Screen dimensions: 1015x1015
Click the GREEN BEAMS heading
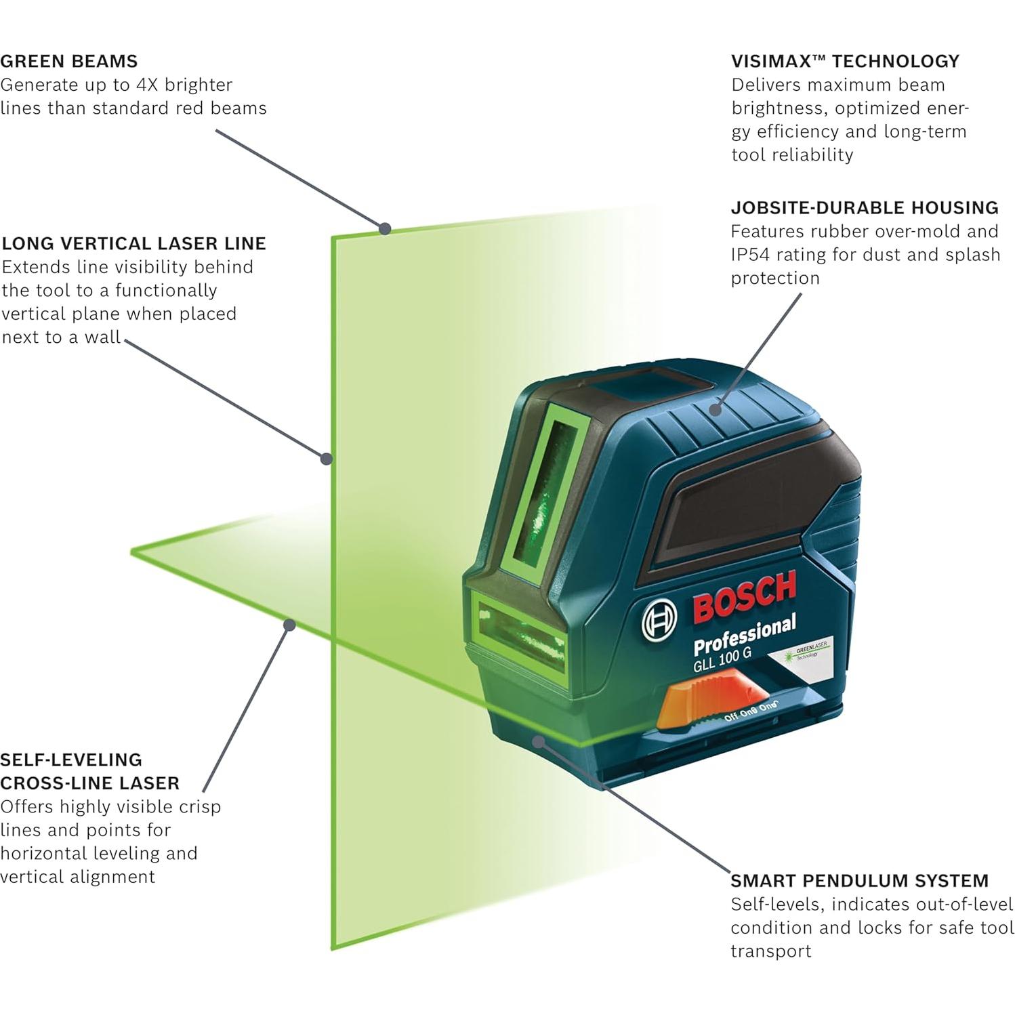[69, 61]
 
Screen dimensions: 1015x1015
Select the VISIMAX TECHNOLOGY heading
[845, 61]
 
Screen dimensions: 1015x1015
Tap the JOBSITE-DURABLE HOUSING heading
[865, 207]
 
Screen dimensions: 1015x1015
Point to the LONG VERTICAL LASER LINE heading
[134, 243]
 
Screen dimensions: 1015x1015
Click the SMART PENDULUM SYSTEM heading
[859, 881]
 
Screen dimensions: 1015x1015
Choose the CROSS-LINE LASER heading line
[90, 783]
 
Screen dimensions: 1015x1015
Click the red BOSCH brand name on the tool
[745, 596]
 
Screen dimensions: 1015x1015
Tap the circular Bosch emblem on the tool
[659, 619]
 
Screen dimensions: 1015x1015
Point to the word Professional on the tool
[744, 636]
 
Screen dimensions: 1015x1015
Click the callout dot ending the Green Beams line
[385, 228]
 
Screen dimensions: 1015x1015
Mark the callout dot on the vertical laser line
[327, 459]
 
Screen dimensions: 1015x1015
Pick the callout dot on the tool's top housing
[716, 409]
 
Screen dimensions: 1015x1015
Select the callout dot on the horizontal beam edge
[289, 624]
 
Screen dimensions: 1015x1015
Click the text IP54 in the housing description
[753, 255]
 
